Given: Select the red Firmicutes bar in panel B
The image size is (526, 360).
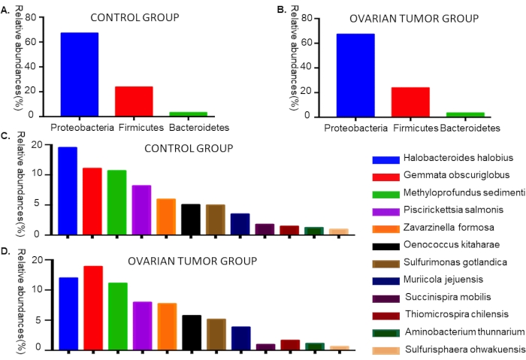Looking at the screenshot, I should (x=410, y=101).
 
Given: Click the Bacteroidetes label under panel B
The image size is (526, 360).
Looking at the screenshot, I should (x=470, y=129).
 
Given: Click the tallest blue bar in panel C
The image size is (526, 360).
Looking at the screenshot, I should (x=68, y=190).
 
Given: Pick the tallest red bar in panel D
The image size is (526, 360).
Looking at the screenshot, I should (x=93, y=307).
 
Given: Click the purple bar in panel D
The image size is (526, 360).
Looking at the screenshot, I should (x=142, y=325).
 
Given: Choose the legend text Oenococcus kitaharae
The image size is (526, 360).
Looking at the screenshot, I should (x=449, y=245).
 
